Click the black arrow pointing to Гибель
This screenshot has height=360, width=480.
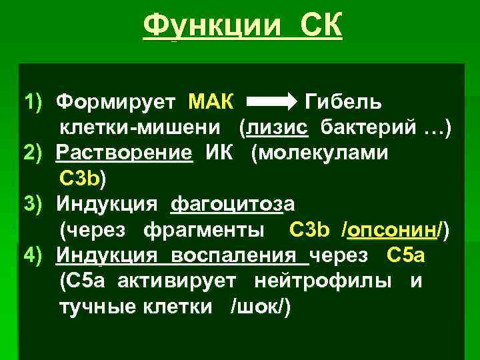pos(271,103)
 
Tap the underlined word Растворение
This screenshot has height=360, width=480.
pos(125,153)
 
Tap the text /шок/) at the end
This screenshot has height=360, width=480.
pos(260,306)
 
